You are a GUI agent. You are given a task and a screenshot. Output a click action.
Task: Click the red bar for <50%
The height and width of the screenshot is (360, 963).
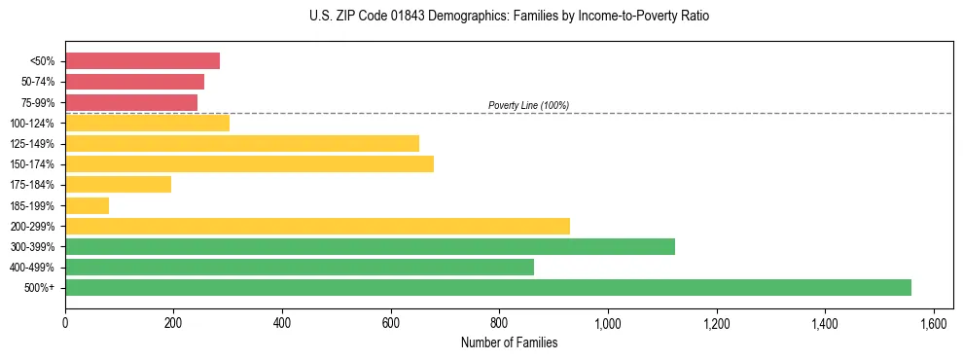click(142, 61)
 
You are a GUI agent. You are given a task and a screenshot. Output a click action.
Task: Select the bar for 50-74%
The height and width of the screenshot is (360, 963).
click(134, 82)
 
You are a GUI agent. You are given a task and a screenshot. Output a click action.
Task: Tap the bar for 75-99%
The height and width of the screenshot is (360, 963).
click(131, 102)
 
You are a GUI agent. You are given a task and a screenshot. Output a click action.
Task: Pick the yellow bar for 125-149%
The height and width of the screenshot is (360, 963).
click(242, 143)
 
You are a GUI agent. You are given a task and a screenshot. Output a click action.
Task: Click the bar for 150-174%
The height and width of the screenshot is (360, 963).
click(249, 163)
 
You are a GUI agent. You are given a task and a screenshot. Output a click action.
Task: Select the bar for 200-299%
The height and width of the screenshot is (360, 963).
click(317, 226)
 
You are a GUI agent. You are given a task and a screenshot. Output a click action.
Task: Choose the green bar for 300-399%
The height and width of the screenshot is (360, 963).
click(370, 246)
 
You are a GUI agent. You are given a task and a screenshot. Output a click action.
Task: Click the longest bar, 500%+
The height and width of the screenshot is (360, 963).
click(488, 287)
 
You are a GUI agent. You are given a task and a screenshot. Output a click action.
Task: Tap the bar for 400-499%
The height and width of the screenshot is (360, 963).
click(300, 267)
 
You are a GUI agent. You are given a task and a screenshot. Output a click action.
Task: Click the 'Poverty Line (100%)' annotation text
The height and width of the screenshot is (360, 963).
click(528, 105)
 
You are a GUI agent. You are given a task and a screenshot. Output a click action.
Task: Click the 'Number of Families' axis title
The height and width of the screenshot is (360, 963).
click(510, 342)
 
